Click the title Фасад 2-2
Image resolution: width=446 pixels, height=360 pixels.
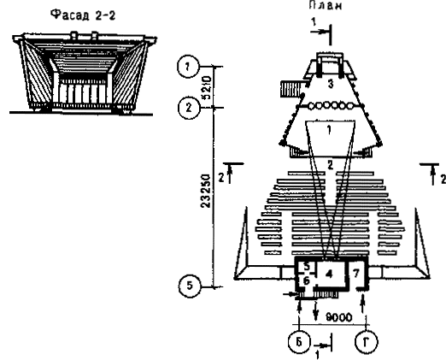83,15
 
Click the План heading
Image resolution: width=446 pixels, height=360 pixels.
325,5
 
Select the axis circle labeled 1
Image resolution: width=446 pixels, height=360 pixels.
188,67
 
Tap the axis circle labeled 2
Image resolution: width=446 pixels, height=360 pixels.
189,108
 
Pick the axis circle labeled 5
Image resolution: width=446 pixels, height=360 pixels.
190,286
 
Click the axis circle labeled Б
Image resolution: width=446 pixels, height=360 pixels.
299,342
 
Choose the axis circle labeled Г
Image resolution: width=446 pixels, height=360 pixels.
367,341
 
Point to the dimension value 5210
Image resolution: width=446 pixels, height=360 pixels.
208,87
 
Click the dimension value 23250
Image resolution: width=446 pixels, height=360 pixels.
206,191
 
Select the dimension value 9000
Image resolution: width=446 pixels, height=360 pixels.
339,317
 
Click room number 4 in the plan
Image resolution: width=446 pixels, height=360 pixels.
329,274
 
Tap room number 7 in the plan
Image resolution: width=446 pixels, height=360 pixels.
356,273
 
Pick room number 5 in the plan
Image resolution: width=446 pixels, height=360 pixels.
307,267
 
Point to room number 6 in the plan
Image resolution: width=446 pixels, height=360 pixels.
307,280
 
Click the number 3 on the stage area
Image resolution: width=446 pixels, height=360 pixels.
331,85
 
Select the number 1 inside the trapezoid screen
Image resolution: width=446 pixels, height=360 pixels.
329,130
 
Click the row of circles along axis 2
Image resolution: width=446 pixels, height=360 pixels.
331,106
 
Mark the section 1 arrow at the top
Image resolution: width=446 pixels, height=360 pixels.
321,32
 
